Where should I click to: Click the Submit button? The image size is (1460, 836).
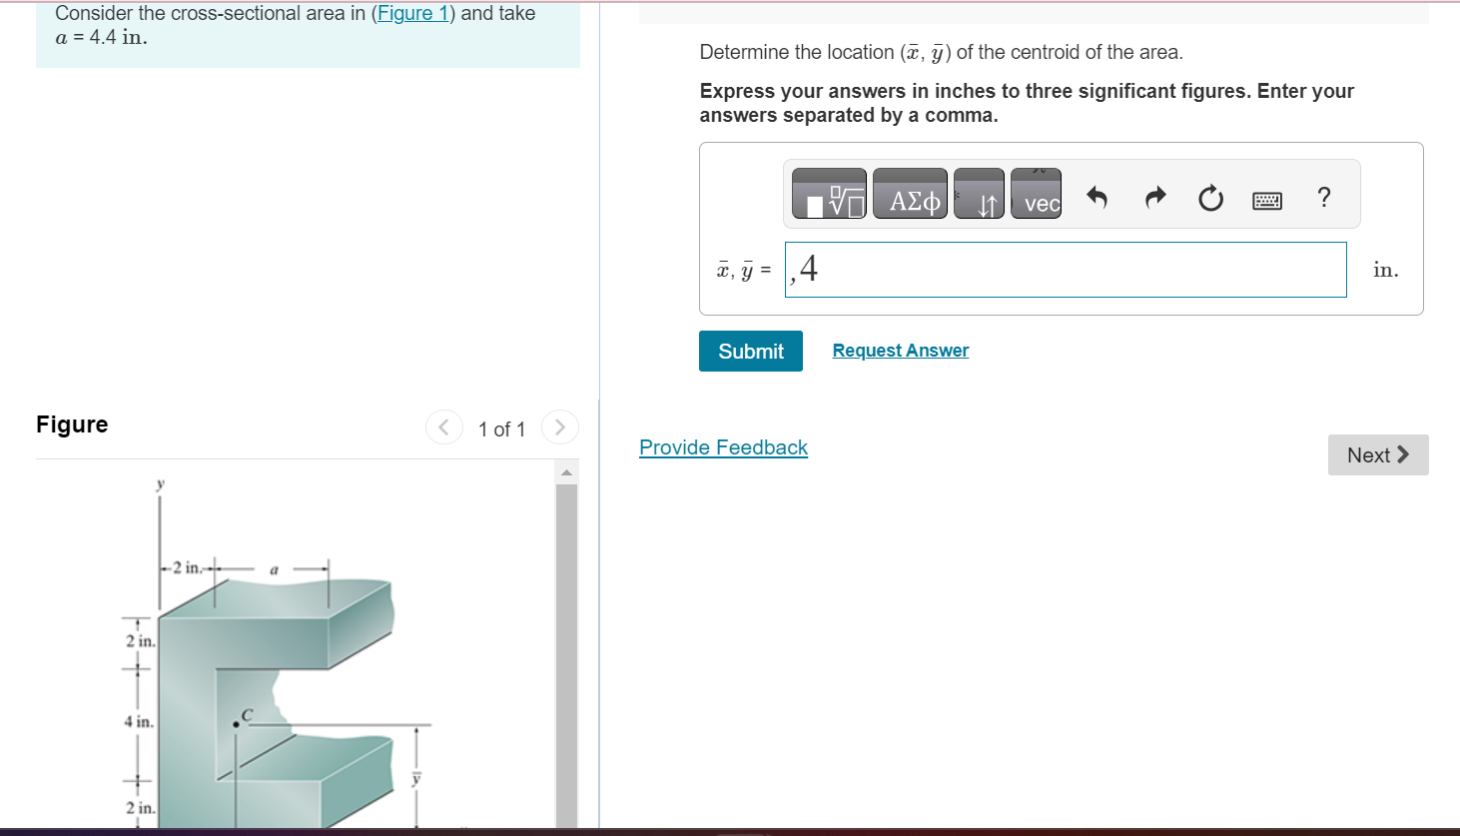tap(750, 352)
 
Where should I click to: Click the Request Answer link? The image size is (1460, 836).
tap(900, 351)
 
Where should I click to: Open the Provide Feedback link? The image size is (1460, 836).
tap(723, 447)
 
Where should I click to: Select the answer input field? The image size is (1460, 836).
tap(1065, 270)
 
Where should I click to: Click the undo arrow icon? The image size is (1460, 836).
tap(1096, 198)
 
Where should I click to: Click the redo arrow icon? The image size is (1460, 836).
tap(1154, 198)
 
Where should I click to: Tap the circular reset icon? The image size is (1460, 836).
tap(1210, 199)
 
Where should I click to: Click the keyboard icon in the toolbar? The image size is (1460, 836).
tap(1266, 201)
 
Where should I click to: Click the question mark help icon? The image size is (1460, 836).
tap(1324, 198)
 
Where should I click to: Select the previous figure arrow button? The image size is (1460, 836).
tap(444, 427)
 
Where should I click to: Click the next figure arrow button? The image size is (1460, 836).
tap(560, 427)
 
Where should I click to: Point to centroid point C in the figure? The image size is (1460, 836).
tap(236, 723)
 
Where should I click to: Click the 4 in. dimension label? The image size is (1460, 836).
tap(139, 721)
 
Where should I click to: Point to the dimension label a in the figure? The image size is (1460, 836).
tap(274, 570)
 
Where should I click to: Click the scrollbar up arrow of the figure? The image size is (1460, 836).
tap(566, 471)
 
